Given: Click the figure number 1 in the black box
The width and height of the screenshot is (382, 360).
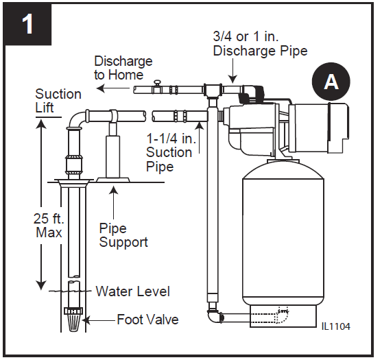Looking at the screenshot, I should pos(27,25).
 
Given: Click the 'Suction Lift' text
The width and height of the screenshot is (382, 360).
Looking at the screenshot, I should pos(58,101).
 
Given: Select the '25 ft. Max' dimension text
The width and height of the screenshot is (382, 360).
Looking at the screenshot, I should pos(49,225).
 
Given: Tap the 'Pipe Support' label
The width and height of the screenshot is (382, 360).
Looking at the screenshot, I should pos(123,235).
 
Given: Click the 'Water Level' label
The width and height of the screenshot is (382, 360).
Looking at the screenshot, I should pos(132,291).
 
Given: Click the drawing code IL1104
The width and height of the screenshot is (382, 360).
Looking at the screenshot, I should pos(335,327).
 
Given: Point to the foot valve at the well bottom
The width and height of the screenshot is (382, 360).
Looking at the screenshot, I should pos(74,317).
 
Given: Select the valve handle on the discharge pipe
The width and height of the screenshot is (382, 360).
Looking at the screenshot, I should pos(157,84).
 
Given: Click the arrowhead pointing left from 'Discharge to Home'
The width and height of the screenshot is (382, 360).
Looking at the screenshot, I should pos(99,89).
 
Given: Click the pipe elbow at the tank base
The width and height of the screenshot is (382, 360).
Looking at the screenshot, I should pos(213,317).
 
